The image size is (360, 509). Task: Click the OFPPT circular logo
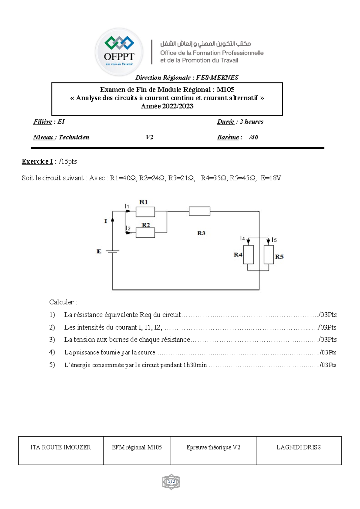pyautogui.click(x=119, y=52)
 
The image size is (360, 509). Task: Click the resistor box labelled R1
pyautogui.click(x=145, y=212)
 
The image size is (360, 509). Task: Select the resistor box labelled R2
pyautogui.click(x=145, y=233)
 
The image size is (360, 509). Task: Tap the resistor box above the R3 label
pyautogui.click(x=199, y=211)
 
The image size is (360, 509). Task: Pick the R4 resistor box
pyautogui.click(x=248, y=255)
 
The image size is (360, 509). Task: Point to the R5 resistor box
pyautogui.click(x=268, y=255)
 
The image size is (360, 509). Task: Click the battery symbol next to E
pyautogui.click(x=113, y=251)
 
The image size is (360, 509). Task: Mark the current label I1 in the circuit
pyautogui.click(x=127, y=206)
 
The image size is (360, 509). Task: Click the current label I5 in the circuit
pyautogui.click(x=274, y=240)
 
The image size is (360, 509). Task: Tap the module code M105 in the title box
pyautogui.click(x=225, y=89)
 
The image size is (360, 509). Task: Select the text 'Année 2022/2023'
pyautogui.click(x=167, y=106)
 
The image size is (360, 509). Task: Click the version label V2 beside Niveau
pyautogui.click(x=149, y=137)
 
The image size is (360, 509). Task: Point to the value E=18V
pyautogui.click(x=271, y=178)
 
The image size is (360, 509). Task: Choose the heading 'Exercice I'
pyautogui.click(x=37, y=161)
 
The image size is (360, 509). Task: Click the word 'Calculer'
pyautogui.click(x=61, y=302)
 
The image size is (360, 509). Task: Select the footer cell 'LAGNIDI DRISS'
pyautogui.click(x=298, y=447)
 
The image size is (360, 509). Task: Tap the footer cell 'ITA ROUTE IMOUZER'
pyautogui.click(x=61, y=447)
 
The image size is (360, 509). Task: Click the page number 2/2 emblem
pyautogui.click(x=171, y=482)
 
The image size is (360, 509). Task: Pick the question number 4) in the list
pyautogui.click(x=52, y=352)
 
